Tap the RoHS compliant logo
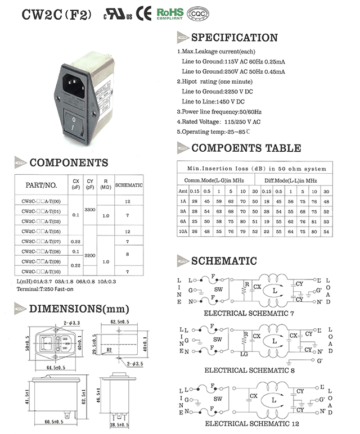click(170, 13)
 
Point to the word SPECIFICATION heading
click(235, 38)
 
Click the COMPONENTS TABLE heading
click(246, 148)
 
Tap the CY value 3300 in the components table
click(89, 209)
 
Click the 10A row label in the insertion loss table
click(182, 231)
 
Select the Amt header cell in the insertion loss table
click(182, 191)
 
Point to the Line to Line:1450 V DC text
click(213, 101)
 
